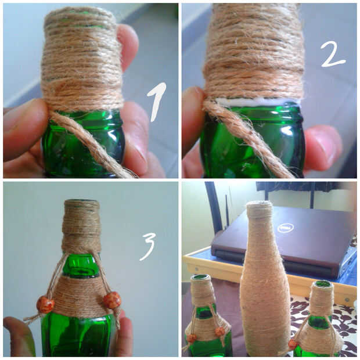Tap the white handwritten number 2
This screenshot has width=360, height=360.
(x=333, y=55)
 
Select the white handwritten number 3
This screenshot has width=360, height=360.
(x=147, y=246)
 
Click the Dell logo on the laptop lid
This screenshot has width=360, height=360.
(x=286, y=228)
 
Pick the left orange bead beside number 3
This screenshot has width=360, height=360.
(x=45, y=304)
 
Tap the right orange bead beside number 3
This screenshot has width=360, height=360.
(x=112, y=300)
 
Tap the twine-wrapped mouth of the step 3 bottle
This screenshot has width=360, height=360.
(x=81, y=203)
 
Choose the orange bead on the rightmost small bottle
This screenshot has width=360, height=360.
(x=292, y=344)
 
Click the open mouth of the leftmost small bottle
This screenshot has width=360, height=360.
(x=201, y=278)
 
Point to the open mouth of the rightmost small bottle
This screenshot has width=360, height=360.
(x=323, y=285)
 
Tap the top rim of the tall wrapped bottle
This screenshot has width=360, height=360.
(x=259, y=203)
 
